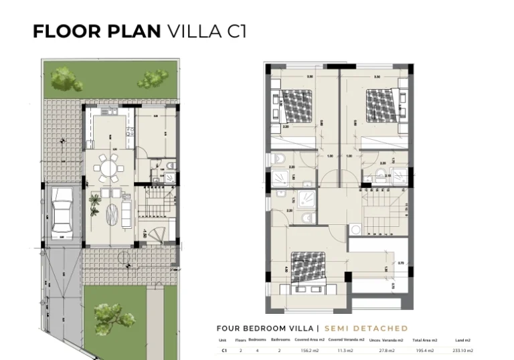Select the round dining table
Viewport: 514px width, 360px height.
pyautogui.click(x=108, y=167)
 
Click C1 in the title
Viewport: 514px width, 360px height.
pyautogui.click(x=236, y=31)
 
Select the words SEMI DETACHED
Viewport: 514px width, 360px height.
pyautogui.click(x=366, y=329)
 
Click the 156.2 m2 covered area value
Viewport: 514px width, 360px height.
pyautogui.click(x=309, y=350)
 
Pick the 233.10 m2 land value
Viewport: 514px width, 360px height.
pyautogui.click(x=462, y=350)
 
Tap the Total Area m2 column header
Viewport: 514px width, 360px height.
pyautogui.click(x=425, y=340)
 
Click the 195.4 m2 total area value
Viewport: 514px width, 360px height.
pyautogui.click(x=425, y=350)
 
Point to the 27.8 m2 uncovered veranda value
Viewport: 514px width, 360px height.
pyautogui.click(x=385, y=350)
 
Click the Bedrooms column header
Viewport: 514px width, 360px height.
pyautogui.click(x=257, y=340)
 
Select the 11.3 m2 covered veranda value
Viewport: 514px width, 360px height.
pyautogui.click(x=345, y=350)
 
